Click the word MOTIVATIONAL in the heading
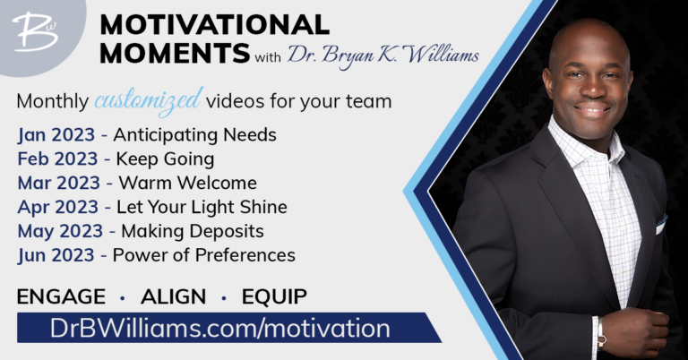(215, 24)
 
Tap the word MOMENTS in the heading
(175, 53)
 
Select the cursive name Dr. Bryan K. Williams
(383, 56)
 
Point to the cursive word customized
(149, 101)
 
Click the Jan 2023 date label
(56, 135)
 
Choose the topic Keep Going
(165, 159)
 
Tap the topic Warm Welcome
(188, 183)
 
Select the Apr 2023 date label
(58, 208)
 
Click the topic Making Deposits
(193, 232)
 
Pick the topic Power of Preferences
(204, 255)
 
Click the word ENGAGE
(61, 296)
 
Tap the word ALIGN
(173, 296)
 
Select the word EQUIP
(274, 296)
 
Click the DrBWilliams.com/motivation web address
(220, 328)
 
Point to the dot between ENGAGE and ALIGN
(123, 298)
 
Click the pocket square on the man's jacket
(661, 225)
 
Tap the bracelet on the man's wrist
(601, 333)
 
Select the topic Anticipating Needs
(194, 135)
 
